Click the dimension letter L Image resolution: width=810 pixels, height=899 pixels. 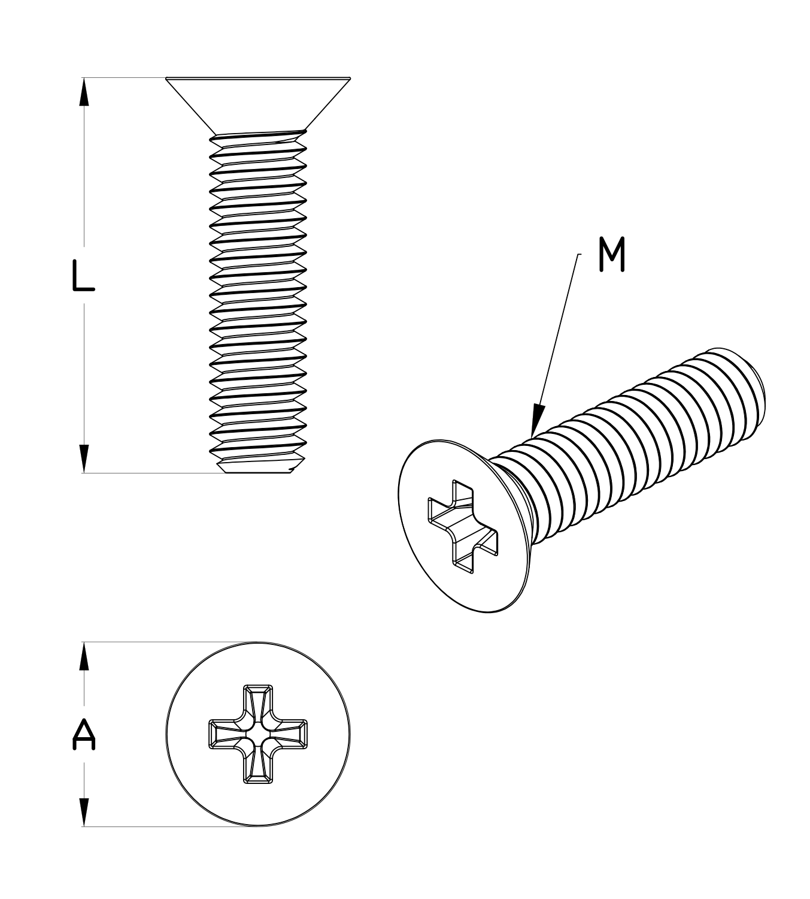click(83, 275)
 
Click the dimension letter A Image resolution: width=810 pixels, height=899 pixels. click(84, 735)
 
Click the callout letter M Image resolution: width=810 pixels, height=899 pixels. click(611, 255)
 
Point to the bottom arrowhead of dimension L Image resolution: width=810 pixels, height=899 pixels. click(84, 459)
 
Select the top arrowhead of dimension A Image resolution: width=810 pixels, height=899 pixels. click(84, 656)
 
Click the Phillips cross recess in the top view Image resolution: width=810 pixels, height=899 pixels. click(258, 734)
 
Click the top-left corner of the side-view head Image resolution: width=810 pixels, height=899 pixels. click(166, 78)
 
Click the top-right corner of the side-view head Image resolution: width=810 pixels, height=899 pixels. click(350, 78)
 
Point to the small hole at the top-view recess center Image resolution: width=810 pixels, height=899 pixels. click(258, 735)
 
